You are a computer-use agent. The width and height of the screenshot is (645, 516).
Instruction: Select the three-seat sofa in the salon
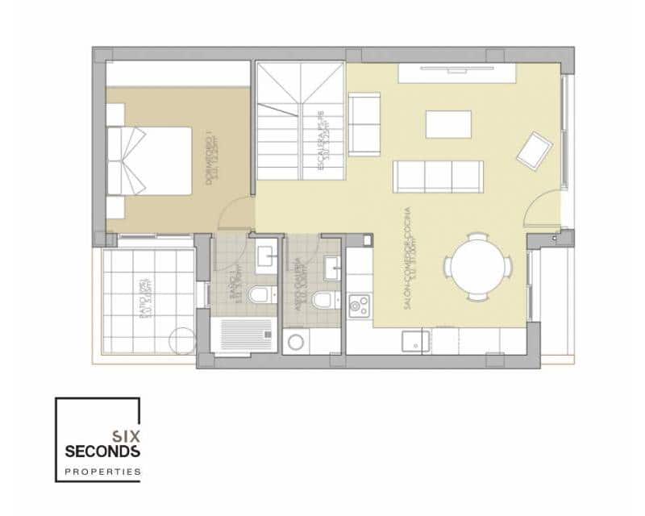click(438, 176)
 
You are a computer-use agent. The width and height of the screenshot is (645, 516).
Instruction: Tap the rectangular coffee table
click(448, 124)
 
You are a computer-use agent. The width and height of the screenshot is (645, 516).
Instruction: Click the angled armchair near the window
click(534, 150)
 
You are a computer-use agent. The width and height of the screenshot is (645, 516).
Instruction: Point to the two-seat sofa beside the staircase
click(364, 123)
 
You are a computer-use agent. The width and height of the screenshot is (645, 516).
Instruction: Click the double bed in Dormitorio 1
click(148, 160)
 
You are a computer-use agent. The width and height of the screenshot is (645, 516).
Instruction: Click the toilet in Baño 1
click(258, 296)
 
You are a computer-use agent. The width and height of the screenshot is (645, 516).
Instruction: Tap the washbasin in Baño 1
click(264, 257)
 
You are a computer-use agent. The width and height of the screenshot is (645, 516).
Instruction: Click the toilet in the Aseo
click(322, 300)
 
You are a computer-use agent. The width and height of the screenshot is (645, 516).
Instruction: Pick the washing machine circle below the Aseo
click(296, 342)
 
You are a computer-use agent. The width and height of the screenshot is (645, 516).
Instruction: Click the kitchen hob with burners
click(359, 306)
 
